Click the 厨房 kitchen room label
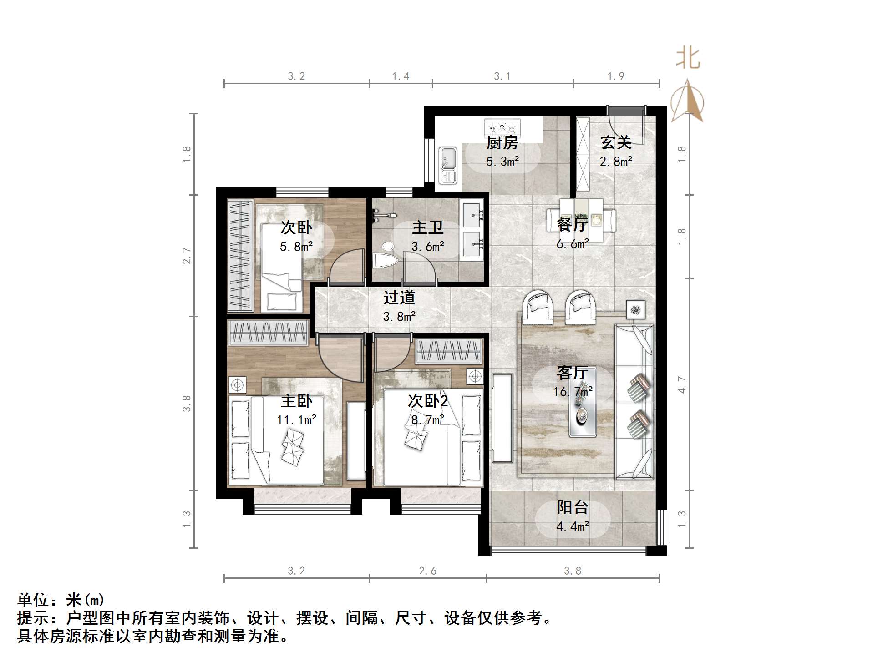(x=502, y=143)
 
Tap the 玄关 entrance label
(x=616, y=143)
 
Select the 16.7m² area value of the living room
(x=573, y=391)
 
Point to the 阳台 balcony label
(x=573, y=507)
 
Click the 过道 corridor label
(x=399, y=298)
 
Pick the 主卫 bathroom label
(x=427, y=227)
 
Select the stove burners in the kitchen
(x=502, y=126)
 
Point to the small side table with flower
(x=635, y=310)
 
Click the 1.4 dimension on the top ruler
(x=401, y=76)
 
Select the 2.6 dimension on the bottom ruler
(x=427, y=571)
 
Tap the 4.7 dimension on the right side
(x=681, y=384)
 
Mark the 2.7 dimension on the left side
(x=187, y=256)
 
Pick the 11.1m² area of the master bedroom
(x=296, y=419)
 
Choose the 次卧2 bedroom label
(x=427, y=401)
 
